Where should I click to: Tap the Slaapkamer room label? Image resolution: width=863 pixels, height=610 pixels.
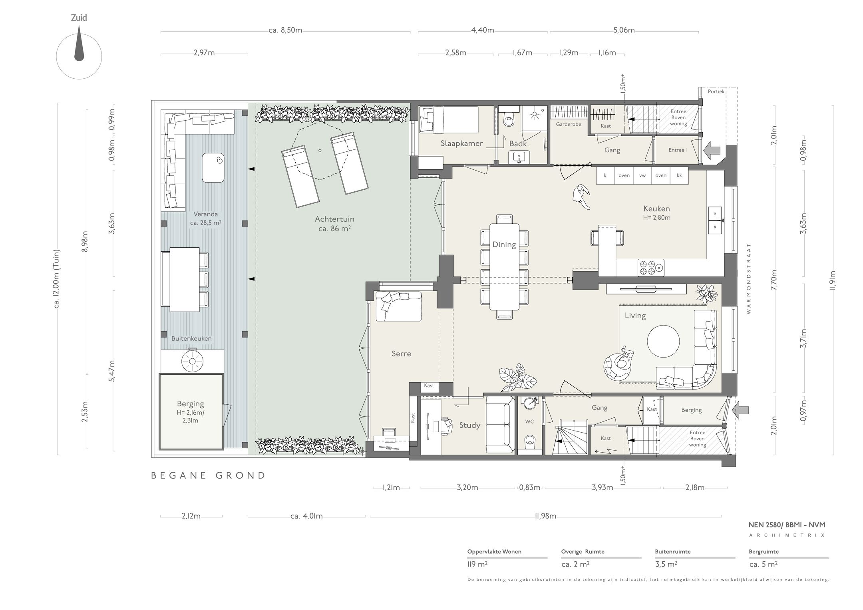click(462, 143)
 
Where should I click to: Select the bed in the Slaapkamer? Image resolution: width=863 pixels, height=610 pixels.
click(448, 120)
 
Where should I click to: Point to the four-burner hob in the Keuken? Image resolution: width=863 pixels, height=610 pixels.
click(651, 267)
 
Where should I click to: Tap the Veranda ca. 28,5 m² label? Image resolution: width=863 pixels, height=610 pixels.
click(206, 218)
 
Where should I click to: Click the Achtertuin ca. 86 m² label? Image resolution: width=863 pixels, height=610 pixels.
click(334, 224)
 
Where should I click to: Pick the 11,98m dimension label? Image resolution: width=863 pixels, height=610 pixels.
click(545, 516)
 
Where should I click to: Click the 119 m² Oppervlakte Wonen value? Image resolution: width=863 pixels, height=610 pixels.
click(477, 564)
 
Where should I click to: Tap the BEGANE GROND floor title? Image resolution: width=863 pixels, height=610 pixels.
click(208, 475)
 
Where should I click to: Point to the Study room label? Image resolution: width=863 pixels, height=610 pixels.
click(469, 425)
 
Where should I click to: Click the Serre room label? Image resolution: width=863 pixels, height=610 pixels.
click(401, 354)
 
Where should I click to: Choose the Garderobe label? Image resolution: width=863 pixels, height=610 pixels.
click(568, 124)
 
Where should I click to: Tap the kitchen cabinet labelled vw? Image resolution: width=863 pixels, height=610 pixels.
click(642, 175)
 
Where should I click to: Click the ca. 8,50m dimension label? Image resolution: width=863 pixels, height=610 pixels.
click(285, 30)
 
